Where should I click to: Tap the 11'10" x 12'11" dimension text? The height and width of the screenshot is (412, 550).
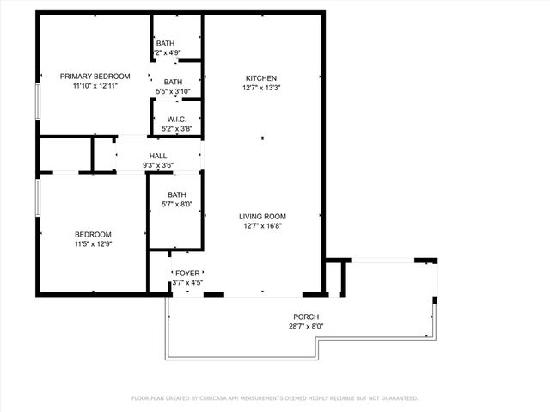[95, 86]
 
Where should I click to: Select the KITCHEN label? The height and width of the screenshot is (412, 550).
[261, 77]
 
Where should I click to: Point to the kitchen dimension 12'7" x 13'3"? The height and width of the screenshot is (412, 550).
[261, 87]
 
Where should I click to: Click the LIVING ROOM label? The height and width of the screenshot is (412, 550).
[262, 217]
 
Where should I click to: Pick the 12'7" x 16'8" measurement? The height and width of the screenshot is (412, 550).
[262, 226]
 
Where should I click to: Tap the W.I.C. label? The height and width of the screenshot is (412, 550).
[177, 120]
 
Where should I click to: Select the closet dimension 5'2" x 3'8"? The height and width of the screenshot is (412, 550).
[177, 129]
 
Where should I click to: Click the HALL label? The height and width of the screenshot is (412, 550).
[158, 156]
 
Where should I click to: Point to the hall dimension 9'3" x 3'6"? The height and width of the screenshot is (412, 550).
[158, 165]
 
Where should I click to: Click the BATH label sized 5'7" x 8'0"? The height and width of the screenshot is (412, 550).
[176, 194]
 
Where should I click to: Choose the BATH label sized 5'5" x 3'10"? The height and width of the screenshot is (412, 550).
[173, 82]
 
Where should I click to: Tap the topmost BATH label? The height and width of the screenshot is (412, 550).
[165, 44]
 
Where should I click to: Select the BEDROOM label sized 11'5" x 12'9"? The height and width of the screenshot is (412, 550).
[92, 235]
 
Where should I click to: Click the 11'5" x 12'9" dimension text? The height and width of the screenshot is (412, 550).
[92, 244]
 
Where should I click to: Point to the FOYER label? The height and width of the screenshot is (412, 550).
[187, 273]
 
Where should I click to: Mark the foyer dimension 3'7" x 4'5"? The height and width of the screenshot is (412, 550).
[187, 282]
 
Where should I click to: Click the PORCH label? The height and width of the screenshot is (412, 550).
[306, 317]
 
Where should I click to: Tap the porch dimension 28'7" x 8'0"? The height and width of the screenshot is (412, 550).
[306, 327]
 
